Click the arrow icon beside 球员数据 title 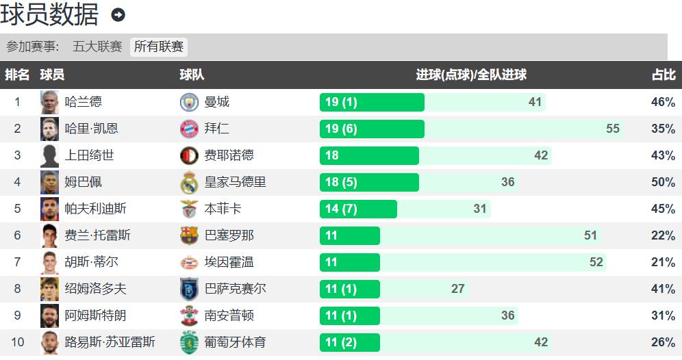118,15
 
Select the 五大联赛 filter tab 97,47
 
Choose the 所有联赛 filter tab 159,47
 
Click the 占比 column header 663,75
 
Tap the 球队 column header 192,75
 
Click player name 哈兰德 84,102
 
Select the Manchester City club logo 189,102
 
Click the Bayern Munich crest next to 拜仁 189,129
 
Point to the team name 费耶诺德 229,155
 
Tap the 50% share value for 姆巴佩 663,182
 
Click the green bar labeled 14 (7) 358,209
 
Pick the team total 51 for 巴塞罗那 591,235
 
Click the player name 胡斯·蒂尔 92,262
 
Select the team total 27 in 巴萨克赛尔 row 458,289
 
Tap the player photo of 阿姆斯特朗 49,316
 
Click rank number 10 18,342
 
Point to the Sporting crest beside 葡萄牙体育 189,342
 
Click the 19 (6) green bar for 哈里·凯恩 372,129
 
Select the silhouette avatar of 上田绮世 49,155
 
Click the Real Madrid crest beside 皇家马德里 189,182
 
